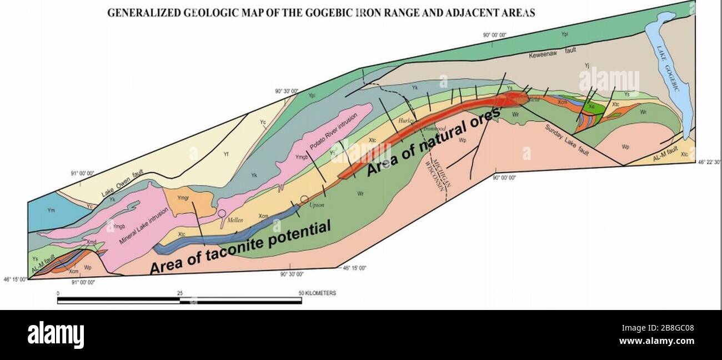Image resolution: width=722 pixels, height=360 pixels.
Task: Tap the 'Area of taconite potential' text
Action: (x=240, y=248)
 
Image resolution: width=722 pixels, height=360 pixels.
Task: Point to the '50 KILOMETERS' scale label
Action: (x=317, y=293)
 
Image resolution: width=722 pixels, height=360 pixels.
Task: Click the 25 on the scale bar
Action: (x=179, y=293)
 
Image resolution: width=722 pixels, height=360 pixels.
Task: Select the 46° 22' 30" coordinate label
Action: (x=709, y=162)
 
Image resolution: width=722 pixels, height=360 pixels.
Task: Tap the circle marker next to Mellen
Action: (x=222, y=213)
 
